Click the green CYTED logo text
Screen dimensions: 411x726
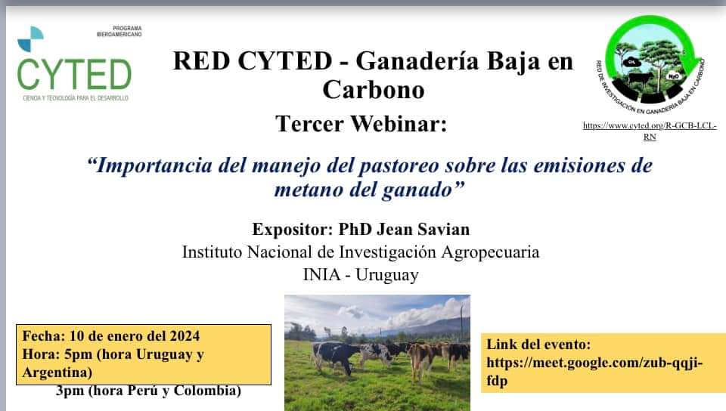click(x=73, y=74)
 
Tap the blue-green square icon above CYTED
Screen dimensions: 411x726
click(x=31, y=39)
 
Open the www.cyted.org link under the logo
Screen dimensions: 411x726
click(x=650, y=131)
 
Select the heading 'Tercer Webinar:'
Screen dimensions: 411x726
click(x=361, y=123)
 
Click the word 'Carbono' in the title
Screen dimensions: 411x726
click(x=373, y=89)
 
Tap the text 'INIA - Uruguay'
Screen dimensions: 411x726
click(x=361, y=274)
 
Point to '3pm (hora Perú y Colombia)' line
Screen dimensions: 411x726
click(x=148, y=391)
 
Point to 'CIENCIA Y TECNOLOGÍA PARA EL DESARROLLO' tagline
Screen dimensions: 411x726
click(x=73, y=99)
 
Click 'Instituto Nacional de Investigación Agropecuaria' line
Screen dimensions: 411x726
click(x=361, y=252)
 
